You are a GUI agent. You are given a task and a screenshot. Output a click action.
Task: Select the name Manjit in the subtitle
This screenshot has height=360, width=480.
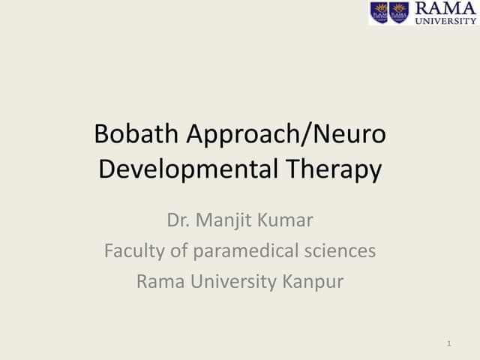(x=223, y=221)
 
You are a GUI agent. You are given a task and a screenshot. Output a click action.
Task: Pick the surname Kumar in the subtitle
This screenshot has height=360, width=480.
(x=287, y=221)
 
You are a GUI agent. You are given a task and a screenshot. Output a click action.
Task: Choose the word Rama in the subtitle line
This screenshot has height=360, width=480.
(x=158, y=281)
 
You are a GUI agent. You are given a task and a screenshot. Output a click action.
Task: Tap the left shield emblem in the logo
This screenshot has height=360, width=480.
(x=379, y=13)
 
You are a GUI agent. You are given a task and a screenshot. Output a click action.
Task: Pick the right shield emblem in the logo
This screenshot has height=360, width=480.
(x=399, y=13)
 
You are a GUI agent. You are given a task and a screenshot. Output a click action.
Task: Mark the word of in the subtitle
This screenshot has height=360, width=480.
(x=180, y=251)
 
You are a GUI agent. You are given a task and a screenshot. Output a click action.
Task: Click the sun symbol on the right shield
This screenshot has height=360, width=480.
(x=399, y=7)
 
